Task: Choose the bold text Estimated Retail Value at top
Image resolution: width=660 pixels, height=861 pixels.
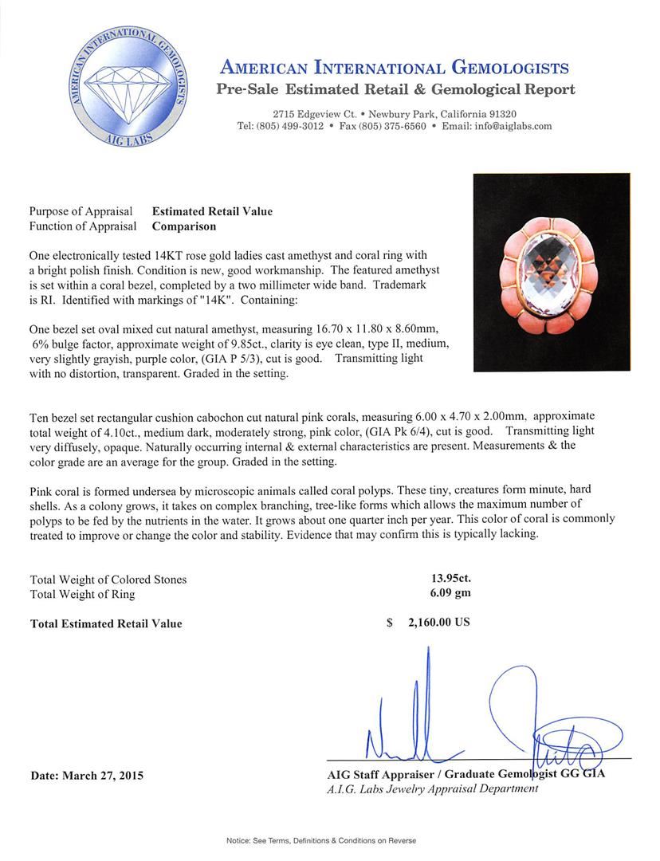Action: (x=212, y=211)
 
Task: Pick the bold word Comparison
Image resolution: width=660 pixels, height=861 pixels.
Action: (x=184, y=226)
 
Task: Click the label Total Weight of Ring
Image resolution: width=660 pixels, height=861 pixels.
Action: (x=82, y=594)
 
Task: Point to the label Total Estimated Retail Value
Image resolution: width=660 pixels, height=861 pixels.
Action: (x=105, y=623)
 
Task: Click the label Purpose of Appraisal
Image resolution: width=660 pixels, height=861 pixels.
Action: (x=81, y=211)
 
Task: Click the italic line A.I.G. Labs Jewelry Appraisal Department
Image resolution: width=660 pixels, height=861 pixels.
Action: (x=432, y=788)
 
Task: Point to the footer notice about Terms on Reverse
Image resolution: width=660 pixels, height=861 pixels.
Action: (x=321, y=840)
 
